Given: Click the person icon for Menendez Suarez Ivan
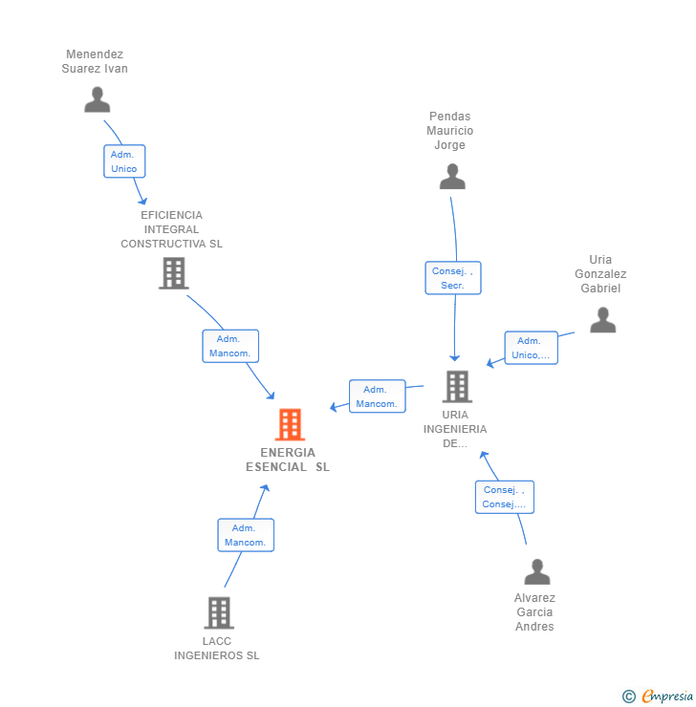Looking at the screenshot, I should pyautogui.click(x=97, y=99).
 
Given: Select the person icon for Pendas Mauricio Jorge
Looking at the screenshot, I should pyautogui.click(x=452, y=177).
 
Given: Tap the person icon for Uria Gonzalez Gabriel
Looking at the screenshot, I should pyautogui.click(x=602, y=320).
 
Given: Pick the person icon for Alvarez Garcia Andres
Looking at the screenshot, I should pyautogui.click(x=537, y=572).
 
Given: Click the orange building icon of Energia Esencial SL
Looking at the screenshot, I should pyautogui.click(x=290, y=424).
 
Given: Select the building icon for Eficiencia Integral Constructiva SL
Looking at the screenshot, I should pyautogui.click(x=173, y=273).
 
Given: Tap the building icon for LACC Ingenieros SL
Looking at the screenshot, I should pyautogui.click(x=219, y=612).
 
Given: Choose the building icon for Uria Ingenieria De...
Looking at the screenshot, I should pyautogui.click(x=457, y=386).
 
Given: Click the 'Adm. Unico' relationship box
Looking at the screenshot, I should pyautogui.click(x=124, y=161).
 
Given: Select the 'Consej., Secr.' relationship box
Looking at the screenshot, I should pyautogui.click(x=452, y=278).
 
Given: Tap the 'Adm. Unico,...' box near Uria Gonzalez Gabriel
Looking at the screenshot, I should pyautogui.click(x=531, y=348).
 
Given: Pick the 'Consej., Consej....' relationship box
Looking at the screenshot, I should pyautogui.click(x=504, y=497).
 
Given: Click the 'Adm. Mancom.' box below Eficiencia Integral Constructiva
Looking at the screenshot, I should pyautogui.click(x=229, y=346).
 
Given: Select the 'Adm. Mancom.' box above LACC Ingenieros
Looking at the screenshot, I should pyautogui.click(x=246, y=535).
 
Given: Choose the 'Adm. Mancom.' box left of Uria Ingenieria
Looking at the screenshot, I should pyautogui.click(x=377, y=396).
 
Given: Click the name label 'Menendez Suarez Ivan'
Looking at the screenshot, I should pyautogui.click(x=95, y=61).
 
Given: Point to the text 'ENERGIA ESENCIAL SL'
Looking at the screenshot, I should pyautogui.click(x=288, y=460).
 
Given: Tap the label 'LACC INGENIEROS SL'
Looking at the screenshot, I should pyautogui.click(x=217, y=648).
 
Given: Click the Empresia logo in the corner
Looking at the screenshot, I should pyautogui.click(x=658, y=696).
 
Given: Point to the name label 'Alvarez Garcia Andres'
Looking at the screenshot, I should pyautogui.click(x=534, y=612).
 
